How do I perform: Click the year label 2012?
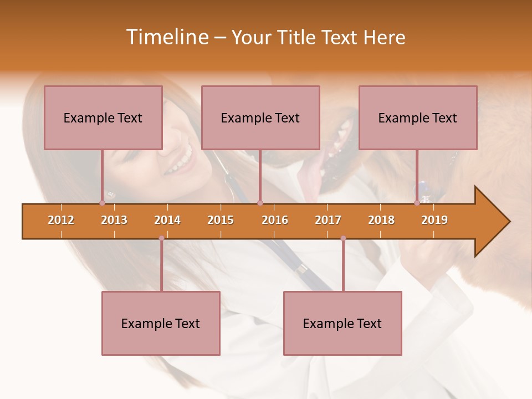tap(61, 220)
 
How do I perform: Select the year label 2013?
tap(114, 220)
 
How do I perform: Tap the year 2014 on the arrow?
tap(167, 220)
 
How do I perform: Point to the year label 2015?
tap(221, 220)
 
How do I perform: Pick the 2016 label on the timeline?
tap(275, 220)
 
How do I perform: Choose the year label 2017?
tap(328, 220)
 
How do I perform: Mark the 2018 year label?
tap(381, 220)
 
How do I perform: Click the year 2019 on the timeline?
tap(434, 220)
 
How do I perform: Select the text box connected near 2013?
tap(103, 117)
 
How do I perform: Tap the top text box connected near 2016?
tap(260, 117)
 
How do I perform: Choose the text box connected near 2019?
tap(418, 117)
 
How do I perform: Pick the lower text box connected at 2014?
tap(161, 323)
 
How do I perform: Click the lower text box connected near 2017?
tap(342, 323)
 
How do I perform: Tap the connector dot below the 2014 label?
tap(161, 238)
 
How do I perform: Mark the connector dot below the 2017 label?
tap(343, 238)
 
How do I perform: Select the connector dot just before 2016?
tap(260, 203)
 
